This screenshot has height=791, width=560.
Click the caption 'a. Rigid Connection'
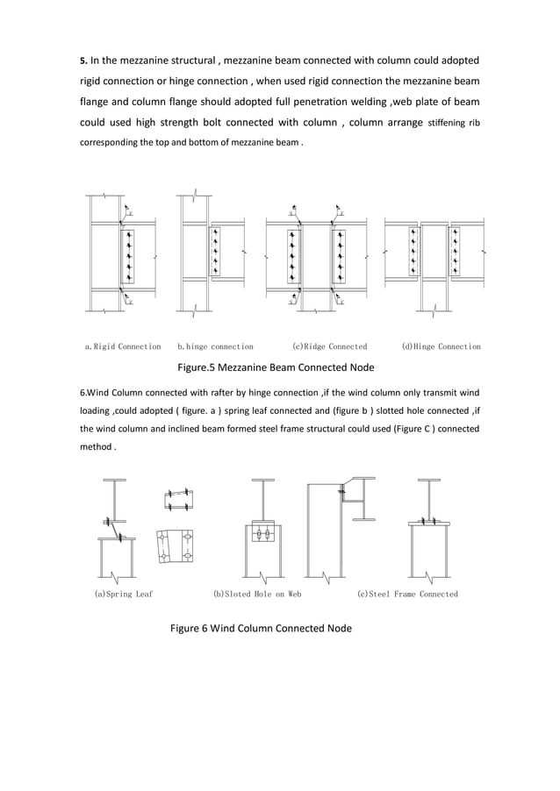(123, 346)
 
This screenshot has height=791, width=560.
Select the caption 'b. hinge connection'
(216, 346)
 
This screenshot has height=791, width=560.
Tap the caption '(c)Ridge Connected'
(329, 346)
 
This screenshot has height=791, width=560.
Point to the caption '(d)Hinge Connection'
(441, 346)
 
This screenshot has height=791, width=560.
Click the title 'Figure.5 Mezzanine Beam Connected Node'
(276, 367)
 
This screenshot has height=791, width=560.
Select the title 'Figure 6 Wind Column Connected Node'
(261, 628)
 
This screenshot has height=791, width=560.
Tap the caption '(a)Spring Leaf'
(124, 594)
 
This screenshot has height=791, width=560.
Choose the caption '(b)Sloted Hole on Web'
(258, 594)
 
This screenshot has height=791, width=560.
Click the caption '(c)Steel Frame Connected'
(407, 594)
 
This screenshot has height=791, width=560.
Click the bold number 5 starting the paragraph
(83, 61)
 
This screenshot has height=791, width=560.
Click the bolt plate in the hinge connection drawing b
(213, 251)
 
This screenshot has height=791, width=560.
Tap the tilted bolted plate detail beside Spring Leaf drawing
(175, 546)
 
